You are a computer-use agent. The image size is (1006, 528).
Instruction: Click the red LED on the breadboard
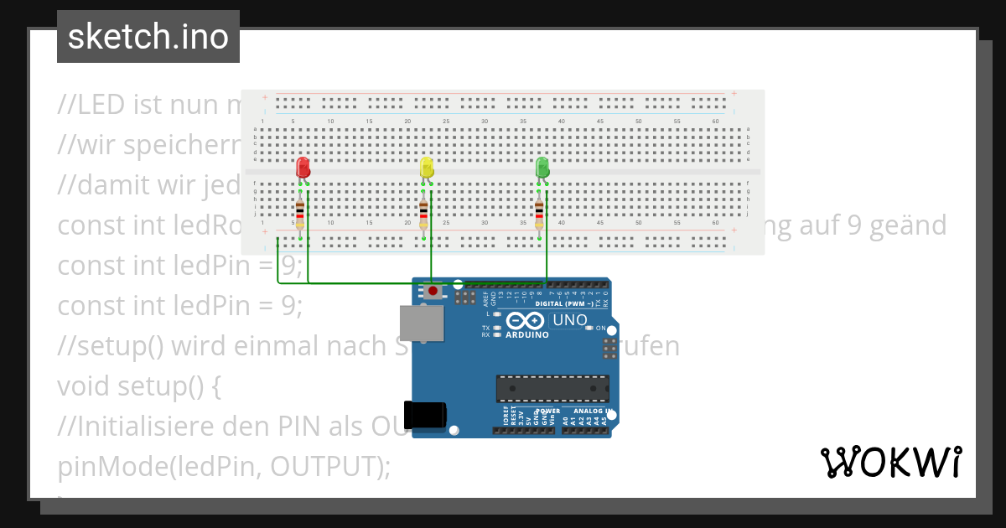(x=303, y=166)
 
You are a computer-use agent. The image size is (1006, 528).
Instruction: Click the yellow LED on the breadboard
(x=426, y=166)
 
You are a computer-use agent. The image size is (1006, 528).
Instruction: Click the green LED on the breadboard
(x=542, y=166)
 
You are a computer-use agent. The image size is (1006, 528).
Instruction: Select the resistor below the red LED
(x=300, y=213)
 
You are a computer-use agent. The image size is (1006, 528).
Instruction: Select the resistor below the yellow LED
(x=423, y=213)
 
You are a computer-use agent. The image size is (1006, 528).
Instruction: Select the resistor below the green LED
(x=539, y=213)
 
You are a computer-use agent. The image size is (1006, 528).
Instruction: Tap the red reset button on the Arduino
(x=433, y=292)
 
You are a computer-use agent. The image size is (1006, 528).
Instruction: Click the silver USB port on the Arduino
(x=422, y=324)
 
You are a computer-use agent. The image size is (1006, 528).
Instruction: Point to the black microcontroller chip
(x=552, y=388)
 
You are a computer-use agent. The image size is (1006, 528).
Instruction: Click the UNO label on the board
(x=570, y=320)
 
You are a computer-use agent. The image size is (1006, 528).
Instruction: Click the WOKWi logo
(x=891, y=462)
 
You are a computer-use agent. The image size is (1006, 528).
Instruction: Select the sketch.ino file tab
(x=148, y=37)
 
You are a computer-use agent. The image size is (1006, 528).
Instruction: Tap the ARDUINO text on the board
(x=527, y=334)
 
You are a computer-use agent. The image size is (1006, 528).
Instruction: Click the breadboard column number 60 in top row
(x=715, y=122)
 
